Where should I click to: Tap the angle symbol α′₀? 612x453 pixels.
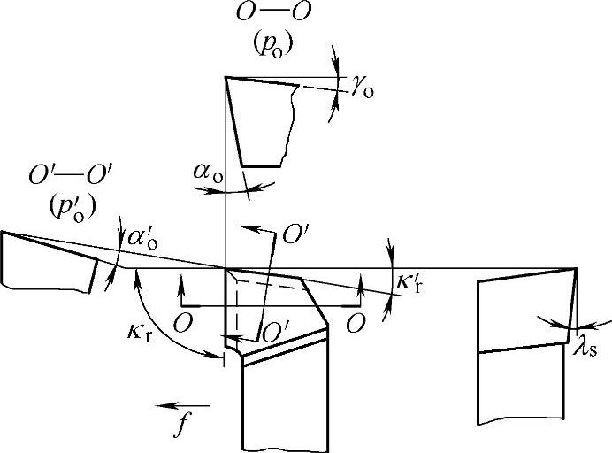click(x=142, y=238)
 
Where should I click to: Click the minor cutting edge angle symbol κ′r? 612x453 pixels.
click(x=409, y=284)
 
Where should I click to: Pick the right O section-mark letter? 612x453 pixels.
click(x=356, y=322)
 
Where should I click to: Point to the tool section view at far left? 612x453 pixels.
click(x=49, y=262)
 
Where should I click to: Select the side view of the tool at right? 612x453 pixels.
click(x=522, y=345)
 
